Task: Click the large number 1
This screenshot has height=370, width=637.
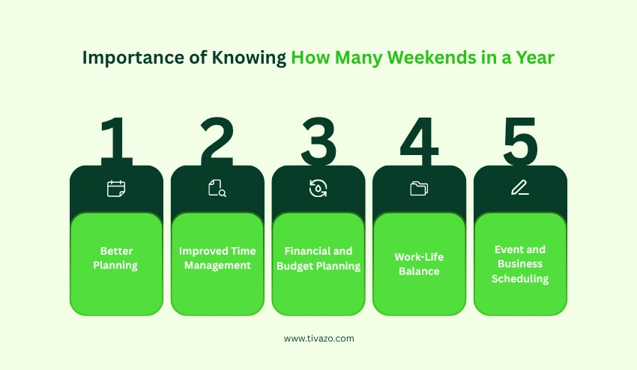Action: [115, 140]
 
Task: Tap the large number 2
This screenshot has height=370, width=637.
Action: [217, 140]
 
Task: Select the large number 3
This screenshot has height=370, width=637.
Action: [318, 140]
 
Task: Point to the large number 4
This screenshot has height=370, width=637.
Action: [420, 140]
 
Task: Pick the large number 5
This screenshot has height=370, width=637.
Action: [520, 140]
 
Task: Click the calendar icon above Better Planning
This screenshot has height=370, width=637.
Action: [116, 189]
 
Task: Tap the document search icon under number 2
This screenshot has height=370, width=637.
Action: [217, 189]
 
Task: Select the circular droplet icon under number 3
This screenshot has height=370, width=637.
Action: [318, 189]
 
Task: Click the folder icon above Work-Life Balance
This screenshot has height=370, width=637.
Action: [419, 189]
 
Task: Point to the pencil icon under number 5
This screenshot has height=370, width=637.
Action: [520, 189]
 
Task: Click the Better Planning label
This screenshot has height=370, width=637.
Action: [115, 258]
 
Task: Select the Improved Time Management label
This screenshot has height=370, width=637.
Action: [217, 258]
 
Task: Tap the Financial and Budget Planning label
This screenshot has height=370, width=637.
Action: [318, 258]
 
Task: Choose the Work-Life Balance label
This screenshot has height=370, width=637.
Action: [419, 264]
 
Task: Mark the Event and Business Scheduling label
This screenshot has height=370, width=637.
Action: [520, 264]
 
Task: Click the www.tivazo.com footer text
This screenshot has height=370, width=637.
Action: [318, 339]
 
